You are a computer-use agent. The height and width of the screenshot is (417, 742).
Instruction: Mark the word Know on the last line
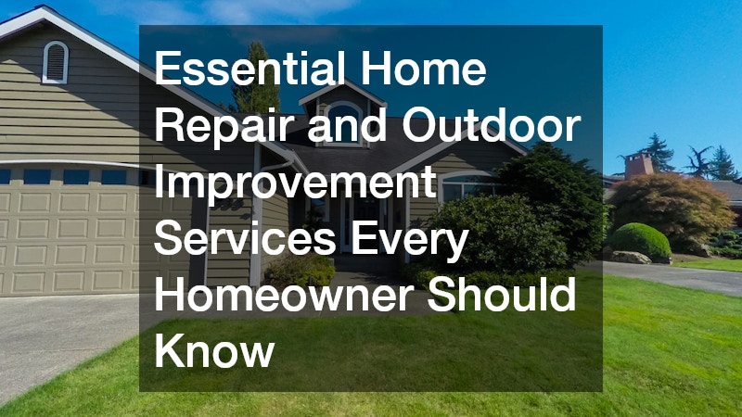tap(214, 350)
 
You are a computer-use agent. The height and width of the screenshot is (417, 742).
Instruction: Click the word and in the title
tap(356, 128)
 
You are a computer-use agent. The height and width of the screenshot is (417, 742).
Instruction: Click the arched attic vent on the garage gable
tap(56, 61)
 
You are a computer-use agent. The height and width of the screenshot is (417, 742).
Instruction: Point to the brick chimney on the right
tap(638, 164)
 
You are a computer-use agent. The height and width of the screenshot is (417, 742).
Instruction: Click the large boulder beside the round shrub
tap(631, 257)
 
